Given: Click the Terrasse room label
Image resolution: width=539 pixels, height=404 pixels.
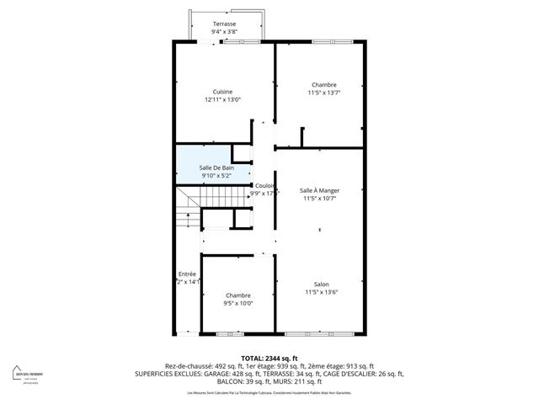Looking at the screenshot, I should tap(224, 24).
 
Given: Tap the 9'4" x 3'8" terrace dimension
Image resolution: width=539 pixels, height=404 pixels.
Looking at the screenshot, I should tap(224, 32).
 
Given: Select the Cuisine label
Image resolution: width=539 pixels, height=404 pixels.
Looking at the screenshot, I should tap(222, 92).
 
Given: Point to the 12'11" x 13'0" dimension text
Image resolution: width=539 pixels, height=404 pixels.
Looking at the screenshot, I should tap(222, 100).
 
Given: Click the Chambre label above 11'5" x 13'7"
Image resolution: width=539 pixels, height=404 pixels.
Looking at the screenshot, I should tap(323, 84).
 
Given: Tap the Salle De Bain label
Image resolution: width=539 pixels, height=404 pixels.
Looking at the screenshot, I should tap(216, 167).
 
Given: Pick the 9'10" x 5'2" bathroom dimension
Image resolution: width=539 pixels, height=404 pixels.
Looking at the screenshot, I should tap(216, 176).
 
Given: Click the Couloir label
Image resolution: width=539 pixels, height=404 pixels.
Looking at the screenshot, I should tap(265, 185).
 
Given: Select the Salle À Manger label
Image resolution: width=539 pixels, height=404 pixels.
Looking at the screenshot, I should tap(320, 191).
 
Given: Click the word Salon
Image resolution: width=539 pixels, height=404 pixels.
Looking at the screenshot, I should tap(321, 284).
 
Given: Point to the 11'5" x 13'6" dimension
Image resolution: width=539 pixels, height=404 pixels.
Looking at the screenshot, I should tap(321, 292).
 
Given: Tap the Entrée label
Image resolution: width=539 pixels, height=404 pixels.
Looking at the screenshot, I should tap(187, 274).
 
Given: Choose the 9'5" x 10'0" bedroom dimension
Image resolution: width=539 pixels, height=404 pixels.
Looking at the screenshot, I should tap(237, 303).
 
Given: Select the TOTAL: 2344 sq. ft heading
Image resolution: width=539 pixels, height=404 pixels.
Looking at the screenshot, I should tap(269, 359).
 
